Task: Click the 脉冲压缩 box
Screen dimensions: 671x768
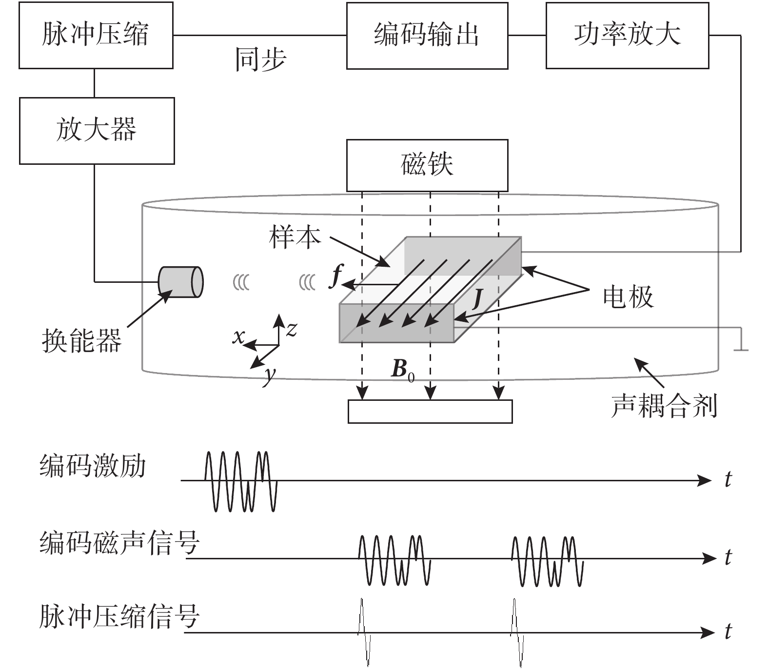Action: click(x=96, y=35)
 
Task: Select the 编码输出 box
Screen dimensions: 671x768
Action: click(x=427, y=35)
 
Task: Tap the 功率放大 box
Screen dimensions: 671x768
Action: click(x=627, y=35)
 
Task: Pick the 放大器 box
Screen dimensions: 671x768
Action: click(x=97, y=130)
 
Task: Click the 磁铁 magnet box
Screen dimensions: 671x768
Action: click(x=427, y=165)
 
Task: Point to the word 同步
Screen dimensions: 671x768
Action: click(x=260, y=59)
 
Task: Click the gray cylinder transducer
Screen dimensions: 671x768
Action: click(x=180, y=282)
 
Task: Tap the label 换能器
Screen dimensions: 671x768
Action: click(x=81, y=340)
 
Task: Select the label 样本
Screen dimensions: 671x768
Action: click(x=295, y=237)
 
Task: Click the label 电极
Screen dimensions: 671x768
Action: click(x=628, y=296)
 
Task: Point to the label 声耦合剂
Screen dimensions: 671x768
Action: click(x=664, y=406)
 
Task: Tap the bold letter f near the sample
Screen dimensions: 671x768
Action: click(x=336, y=276)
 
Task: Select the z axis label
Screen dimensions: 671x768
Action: click(x=291, y=330)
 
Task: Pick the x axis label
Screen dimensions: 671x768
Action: click(x=238, y=336)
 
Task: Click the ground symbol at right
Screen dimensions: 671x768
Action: click(x=741, y=347)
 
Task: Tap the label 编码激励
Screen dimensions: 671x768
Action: click(x=93, y=466)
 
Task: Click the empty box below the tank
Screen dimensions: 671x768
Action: click(x=430, y=411)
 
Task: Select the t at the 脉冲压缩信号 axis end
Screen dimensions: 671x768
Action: click(x=728, y=632)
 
